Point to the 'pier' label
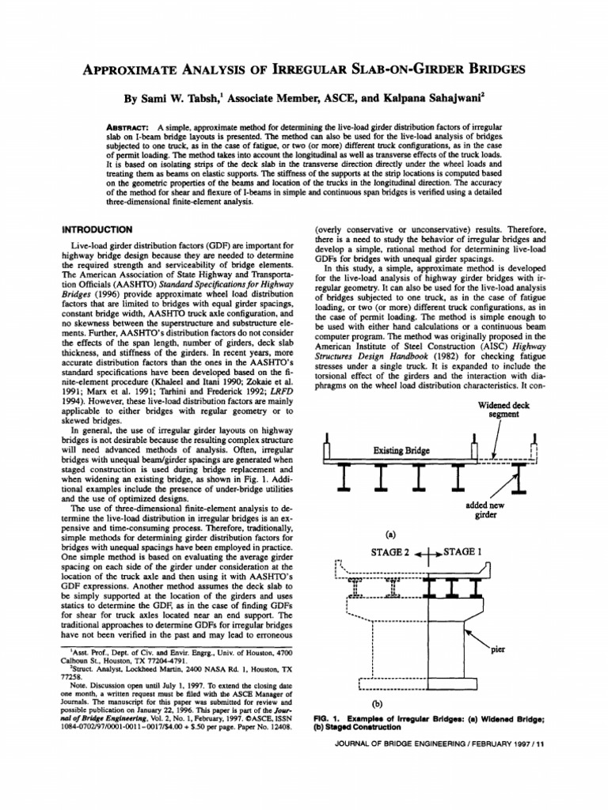click(x=498, y=650)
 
